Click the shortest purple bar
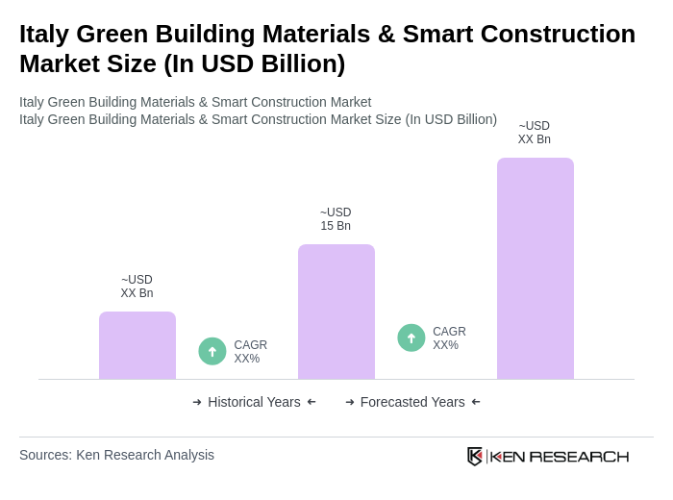pos(137,345)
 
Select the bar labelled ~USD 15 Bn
pos(336,312)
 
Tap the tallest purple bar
pos(535,268)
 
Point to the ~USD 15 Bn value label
pos(336,219)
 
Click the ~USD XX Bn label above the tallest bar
pos(535,133)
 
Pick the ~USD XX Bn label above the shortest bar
pos(137,287)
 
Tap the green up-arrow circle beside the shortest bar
pos(212,351)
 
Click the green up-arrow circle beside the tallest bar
pos(411,337)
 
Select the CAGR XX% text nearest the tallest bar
pos(449,338)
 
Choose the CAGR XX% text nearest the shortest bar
pos(250,352)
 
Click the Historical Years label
pos(254,402)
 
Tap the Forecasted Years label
pos(412,402)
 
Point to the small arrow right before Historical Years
pos(197,402)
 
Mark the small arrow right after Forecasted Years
pos(476,402)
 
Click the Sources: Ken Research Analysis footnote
pos(116,455)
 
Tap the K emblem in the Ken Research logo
pos(475,456)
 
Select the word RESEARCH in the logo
pos(579,456)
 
